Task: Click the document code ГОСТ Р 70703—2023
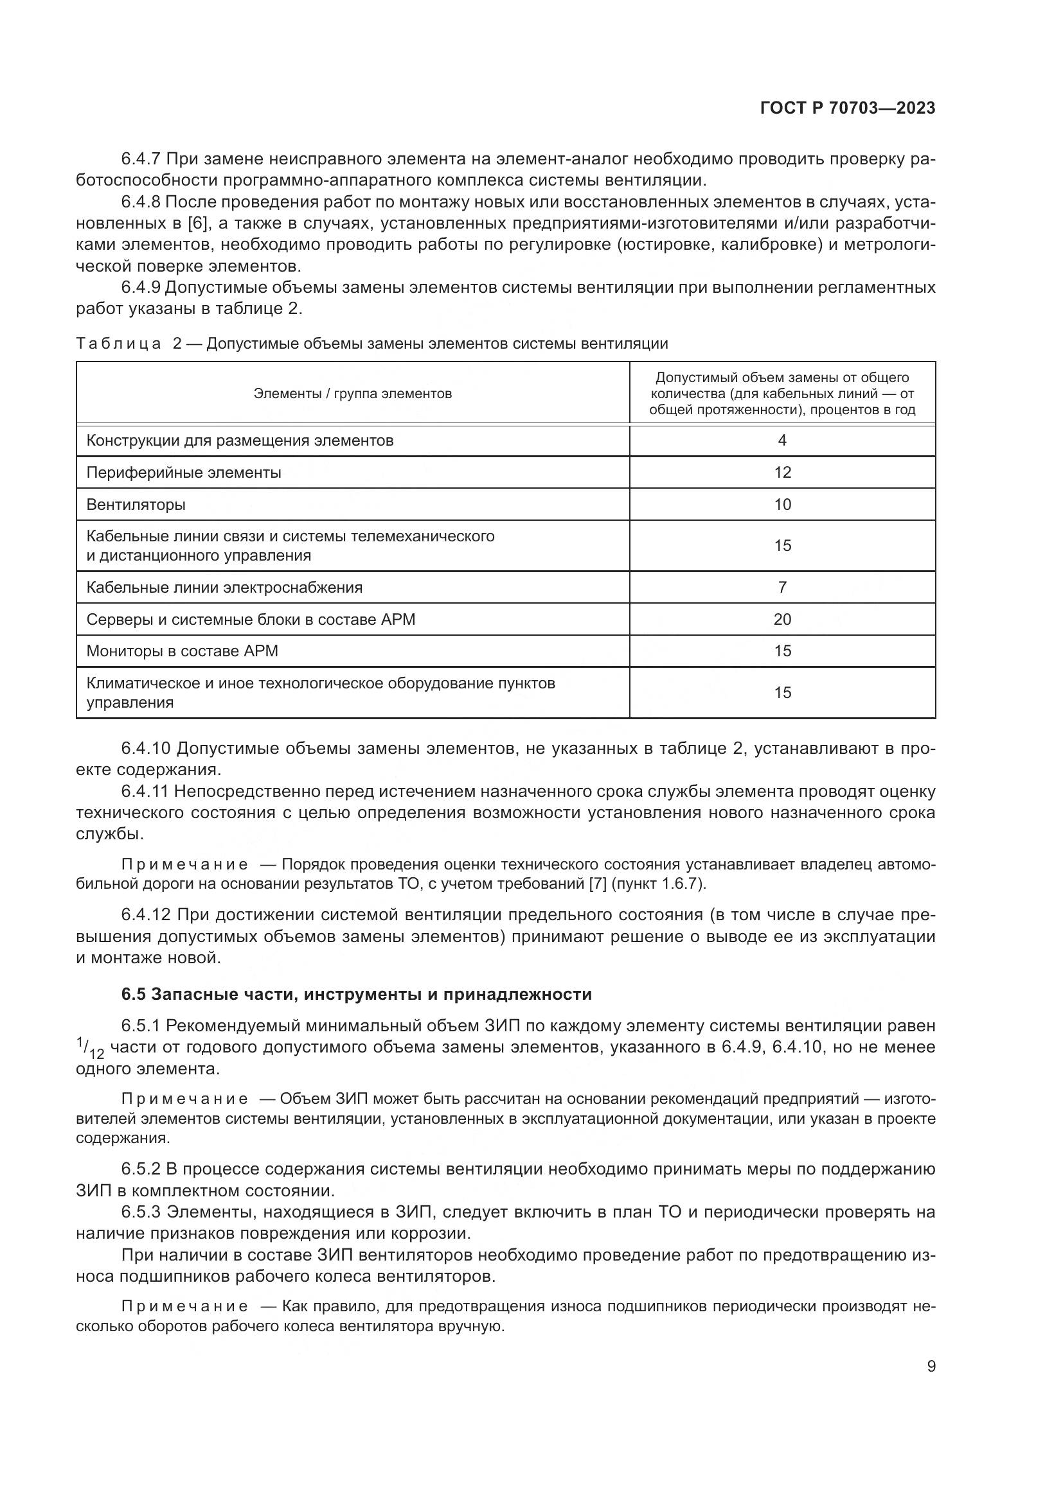[848, 108]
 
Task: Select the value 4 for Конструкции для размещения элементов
[782, 441]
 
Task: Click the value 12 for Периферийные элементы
[782, 473]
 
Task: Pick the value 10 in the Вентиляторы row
[782, 504]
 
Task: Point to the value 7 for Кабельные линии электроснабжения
[782, 587]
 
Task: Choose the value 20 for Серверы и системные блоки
[782, 619]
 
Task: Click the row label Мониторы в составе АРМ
[183, 651]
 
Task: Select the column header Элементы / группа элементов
[352, 393]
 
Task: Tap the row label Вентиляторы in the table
[136, 504]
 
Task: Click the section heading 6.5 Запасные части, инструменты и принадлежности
[356, 994]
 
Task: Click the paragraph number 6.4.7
[141, 159]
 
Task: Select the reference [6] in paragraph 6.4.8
[198, 223]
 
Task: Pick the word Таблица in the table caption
[118, 344]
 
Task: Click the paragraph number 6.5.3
[141, 1212]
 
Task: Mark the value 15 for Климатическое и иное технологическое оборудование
[782, 692]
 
